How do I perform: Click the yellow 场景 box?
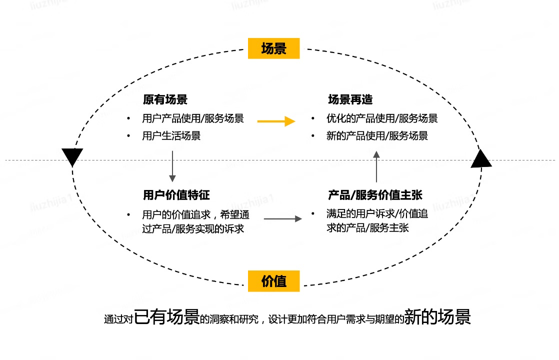click(x=273, y=48)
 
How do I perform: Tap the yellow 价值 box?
click(x=273, y=281)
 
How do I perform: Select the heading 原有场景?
click(x=165, y=99)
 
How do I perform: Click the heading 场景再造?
click(x=350, y=99)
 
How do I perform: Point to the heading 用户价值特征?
click(x=176, y=194)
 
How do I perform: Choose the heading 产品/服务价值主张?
click(x=375, y=194)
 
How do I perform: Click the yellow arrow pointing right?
click(x=276, y=121)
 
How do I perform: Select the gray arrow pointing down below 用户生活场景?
click(x=172, y=166)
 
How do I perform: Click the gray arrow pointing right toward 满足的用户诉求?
click(x=283, y=219)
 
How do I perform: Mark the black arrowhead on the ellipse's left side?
click(x=72, y=157)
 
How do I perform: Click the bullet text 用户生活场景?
click(x=171, y=136)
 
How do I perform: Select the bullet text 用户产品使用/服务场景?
click(x=193, y=119)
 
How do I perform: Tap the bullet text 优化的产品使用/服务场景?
click(x=382, y=119)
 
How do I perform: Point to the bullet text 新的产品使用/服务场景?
click(x=377, y=136)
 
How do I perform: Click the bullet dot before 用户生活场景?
click(x=128, y=135)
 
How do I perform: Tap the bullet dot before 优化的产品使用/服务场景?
click(x=313, y=118)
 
